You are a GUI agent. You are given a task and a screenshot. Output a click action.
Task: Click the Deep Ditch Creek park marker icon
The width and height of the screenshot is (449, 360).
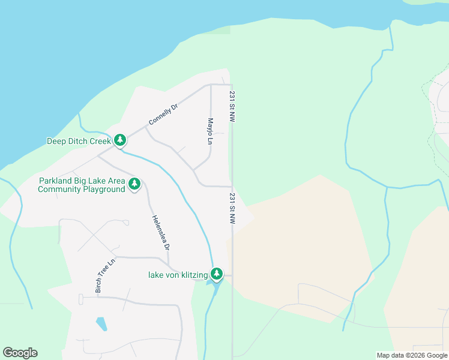click(x=120, y=140)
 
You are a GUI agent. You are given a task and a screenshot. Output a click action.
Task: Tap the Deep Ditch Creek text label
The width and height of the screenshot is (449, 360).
click(x=79, y=142)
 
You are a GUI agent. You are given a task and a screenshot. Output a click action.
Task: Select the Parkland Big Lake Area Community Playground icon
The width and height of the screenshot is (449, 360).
click(x=134, y=184)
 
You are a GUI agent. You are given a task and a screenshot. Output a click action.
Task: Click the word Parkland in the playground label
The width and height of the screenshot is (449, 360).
click(x=56, y=181)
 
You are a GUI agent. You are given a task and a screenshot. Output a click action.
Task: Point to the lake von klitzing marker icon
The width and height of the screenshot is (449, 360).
click(x=216, y=274)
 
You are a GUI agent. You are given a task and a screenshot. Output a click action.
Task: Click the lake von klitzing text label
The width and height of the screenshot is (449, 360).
click(x=178, y=275)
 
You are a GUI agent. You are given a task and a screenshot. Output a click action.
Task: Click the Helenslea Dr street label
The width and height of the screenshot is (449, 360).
click(x=161, y=232)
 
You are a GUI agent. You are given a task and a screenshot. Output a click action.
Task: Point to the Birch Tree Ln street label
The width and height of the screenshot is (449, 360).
click(x=104, y=277)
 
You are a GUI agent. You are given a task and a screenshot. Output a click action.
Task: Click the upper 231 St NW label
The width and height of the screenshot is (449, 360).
click(x=232, y=107)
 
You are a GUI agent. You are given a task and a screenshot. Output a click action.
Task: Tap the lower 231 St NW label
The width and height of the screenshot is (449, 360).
click(x=232, y=209)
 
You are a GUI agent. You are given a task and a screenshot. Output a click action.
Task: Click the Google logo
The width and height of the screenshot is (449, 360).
click(x=20, y=353)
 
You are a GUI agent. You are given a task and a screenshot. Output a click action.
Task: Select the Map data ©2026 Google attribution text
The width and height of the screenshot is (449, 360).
click(x=412, y=355)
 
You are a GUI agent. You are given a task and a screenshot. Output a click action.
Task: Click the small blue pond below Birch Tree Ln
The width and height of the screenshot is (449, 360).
click(x=101, y=324)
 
